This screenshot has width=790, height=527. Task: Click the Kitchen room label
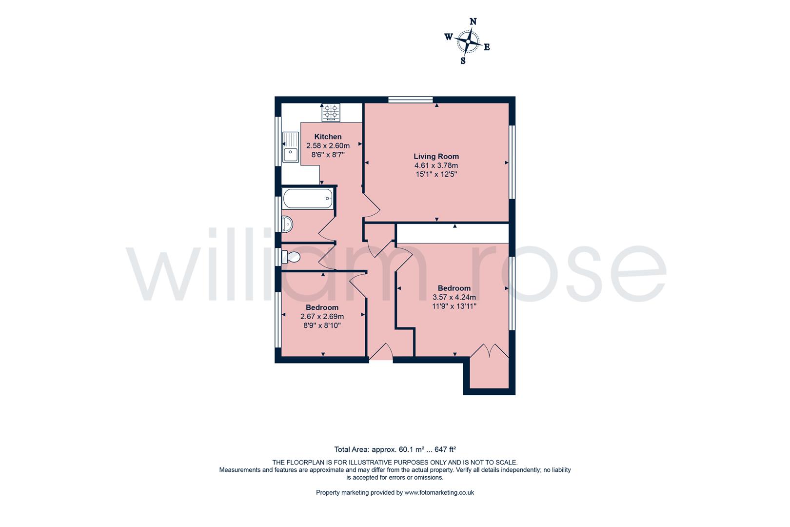click(328, 137)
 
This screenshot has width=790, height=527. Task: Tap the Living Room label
click(436, 157)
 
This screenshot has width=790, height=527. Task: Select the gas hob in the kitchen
click(331, 112)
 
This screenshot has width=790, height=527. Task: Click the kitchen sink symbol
click(291, 146)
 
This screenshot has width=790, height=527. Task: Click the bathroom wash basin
click(287, 224)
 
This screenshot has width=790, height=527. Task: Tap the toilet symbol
click(291, 257)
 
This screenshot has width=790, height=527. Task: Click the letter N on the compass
click(473, 21)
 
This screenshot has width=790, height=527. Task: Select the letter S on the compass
click(463, 61)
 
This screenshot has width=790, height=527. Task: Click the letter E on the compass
click(487, 47)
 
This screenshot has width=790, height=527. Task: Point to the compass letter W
click(449, 37)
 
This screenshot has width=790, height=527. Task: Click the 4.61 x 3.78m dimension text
click(436, 165)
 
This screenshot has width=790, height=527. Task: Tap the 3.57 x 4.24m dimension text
click(454, 297)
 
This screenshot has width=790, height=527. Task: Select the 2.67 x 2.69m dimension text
click(322, 316)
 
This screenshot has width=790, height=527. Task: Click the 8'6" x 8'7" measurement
click(328, 154)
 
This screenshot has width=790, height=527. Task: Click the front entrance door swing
click(380, 352)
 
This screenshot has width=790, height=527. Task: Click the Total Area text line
click(395, 449)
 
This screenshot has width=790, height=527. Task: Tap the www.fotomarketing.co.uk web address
click(439, 493)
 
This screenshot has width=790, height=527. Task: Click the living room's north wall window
click(411, 100)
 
